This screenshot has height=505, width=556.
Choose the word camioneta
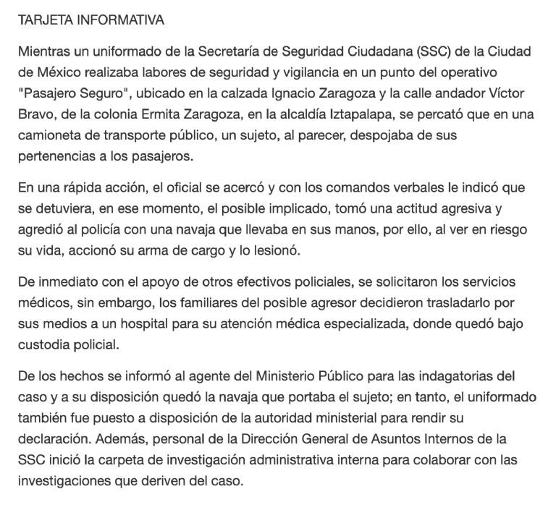[x=49, y=136]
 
